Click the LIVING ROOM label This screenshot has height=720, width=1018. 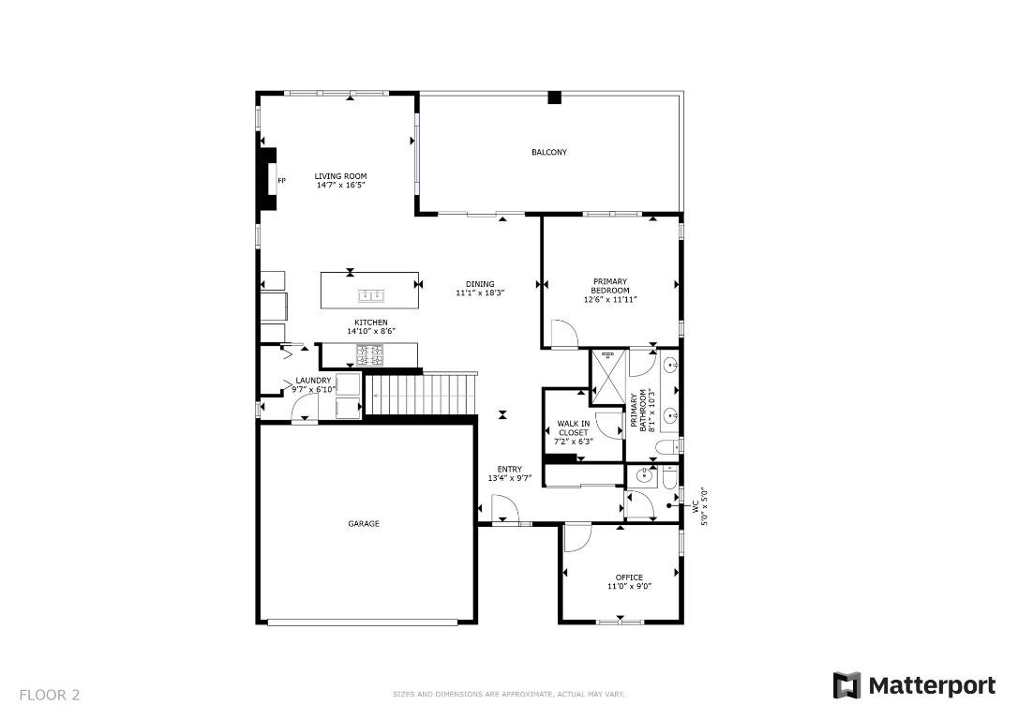(x=340, y=176)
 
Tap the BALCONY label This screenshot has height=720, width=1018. (x=549, y=152)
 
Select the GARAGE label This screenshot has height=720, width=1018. (x=364, y=524)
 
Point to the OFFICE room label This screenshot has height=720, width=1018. (x=629, y=577)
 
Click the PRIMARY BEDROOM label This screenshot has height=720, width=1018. (x=610, y=286)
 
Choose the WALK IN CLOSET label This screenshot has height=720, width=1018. (x=573, y=427)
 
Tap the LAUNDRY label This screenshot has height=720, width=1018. (x=312, y=380)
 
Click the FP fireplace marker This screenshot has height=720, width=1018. (x=281, y=180)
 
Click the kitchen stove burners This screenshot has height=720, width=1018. (x=369, y=355)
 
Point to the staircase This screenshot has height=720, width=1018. (x=420, y=393)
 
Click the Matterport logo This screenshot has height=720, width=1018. (x=914, y=685)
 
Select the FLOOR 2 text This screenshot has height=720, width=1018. (x=50, y=695)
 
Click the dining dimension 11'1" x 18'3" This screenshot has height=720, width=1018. (x=480, y=292)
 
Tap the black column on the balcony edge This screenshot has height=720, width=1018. (x=554, y=97)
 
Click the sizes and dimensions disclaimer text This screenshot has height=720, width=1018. (x=508, y=694)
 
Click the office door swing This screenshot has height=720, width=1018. (x=576, y=537)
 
